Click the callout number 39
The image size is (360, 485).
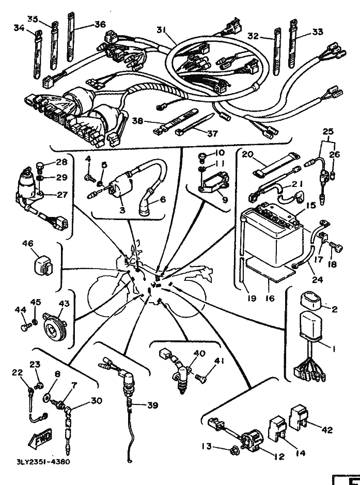[x=152, y=405]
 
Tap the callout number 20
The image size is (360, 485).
[x=247, y=155]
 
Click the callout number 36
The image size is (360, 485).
[x=100, y=24]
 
